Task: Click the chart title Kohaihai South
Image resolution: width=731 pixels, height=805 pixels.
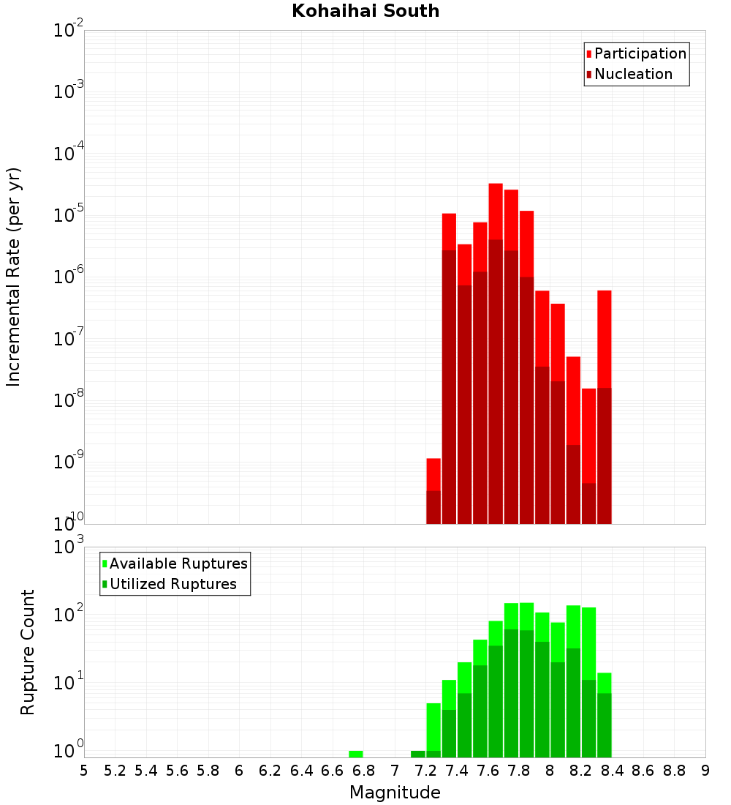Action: point(365,11)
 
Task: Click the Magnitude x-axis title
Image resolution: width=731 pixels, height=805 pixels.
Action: point(395,793)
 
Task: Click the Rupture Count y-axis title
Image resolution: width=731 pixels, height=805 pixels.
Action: point(28,652)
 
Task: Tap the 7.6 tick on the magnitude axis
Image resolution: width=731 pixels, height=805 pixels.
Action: point(488,771)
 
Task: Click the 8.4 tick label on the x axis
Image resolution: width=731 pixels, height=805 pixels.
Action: point(612,771)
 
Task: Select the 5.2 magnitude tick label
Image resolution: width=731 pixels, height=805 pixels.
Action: point(115,771)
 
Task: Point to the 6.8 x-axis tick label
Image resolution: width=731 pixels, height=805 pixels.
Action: point(363,771)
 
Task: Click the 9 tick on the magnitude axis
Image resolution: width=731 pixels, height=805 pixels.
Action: point(705,771)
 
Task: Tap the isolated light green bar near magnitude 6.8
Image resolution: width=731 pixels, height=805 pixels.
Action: point(356,754)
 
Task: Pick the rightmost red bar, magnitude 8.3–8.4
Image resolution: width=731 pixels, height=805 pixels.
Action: point(605,337)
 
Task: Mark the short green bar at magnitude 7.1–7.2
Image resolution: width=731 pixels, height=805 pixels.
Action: point(418,754)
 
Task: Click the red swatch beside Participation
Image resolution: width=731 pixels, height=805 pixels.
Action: point(589,54)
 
